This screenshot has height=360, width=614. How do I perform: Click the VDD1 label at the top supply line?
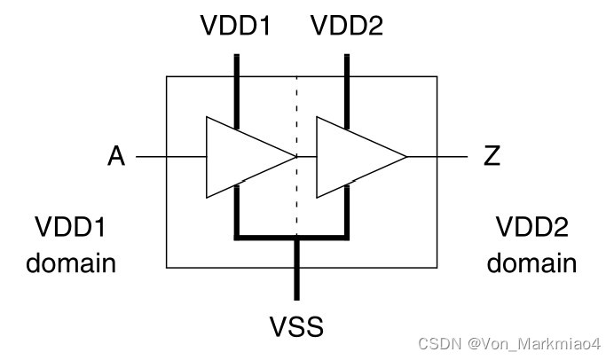click(x=236, y=28)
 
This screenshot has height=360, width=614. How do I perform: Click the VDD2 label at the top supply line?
click(x=347, y=28)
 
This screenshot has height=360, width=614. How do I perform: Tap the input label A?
click(x=116, y=157)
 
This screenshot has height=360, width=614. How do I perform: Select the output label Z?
click(x=492, y=157)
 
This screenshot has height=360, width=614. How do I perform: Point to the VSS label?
click(x=296, y=326)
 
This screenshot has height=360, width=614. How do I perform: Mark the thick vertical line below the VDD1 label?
click(x=237, y=89)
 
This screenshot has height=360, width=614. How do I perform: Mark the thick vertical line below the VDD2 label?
click(x=347, y=89)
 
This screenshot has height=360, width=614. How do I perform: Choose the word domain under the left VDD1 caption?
click(x=71, y=262)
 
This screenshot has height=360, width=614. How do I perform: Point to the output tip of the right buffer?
click(x=405, y=157)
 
